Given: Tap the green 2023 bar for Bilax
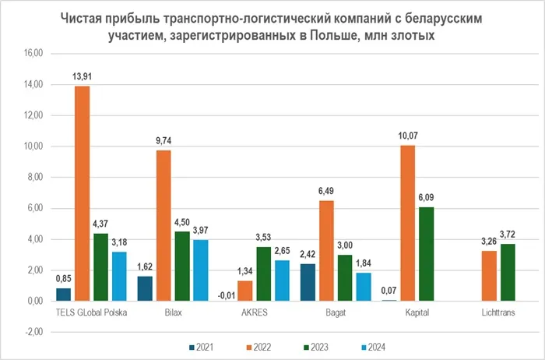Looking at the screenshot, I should point(182,266).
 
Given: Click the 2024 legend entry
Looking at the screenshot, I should point(373,347).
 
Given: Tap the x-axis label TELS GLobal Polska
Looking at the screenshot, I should point(92,313).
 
